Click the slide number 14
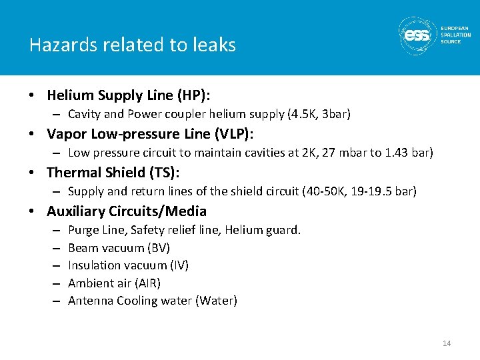click(447, 343)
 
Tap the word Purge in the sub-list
click(83, 230)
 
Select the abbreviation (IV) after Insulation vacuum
click(179, 265)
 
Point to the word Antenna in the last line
click(91, 301)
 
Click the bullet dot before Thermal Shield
click(32, 173)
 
